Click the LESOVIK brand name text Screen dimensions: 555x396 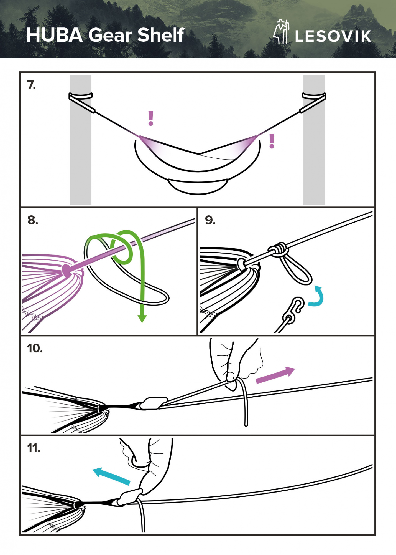coord(333,36)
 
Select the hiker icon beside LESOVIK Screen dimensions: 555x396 coord(281,31)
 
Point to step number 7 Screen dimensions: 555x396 coord(31,85)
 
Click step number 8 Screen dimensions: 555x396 coord(33,220)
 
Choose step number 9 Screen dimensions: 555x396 coord(210,220)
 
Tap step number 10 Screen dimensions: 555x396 coord(35,348)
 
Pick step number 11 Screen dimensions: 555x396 coord(34,448)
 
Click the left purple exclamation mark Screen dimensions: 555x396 coord(151,118)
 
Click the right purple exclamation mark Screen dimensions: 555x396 coord(272,141)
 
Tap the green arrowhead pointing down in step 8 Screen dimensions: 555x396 coord(142,318)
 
